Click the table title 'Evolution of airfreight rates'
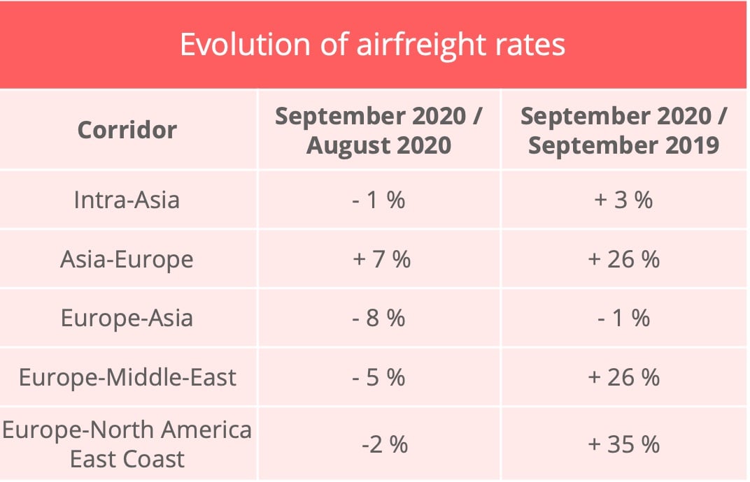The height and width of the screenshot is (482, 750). click(x=372, y=45)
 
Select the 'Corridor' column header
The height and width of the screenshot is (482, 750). click(x=127, y=130)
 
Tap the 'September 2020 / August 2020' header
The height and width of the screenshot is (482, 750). click(x=378, y=131)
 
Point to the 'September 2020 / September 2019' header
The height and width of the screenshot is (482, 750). click(x=623, y=131)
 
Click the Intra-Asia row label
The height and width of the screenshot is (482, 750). click(x=127, y=200)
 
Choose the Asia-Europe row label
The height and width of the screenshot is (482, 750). click(x=127, y=259)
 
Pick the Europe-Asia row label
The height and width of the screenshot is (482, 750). click(x=127, y=319)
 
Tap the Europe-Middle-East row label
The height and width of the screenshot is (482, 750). click(x=127, y=377)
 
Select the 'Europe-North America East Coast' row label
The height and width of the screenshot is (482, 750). click(x=127, y=444)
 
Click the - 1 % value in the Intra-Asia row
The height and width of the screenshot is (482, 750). click(x=378, y=200)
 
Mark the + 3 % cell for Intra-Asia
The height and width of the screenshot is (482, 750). click(x=623, y=200)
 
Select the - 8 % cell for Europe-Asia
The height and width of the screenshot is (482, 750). click(x=378, y=319)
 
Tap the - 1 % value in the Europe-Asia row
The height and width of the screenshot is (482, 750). click(x=623, y=319)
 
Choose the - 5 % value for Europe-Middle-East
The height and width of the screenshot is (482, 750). click(x=378, y=377)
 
